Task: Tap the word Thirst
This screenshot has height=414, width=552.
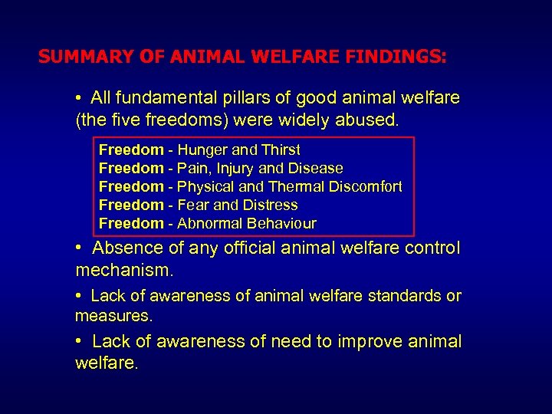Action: tap(279, 150)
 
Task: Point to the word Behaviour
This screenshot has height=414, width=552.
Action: tap(281, 224)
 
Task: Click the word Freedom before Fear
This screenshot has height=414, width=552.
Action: tap(131, 205)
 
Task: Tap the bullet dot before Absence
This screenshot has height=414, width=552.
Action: tap(79, 248)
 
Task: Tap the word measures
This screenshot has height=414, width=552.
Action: tap(113, 315)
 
